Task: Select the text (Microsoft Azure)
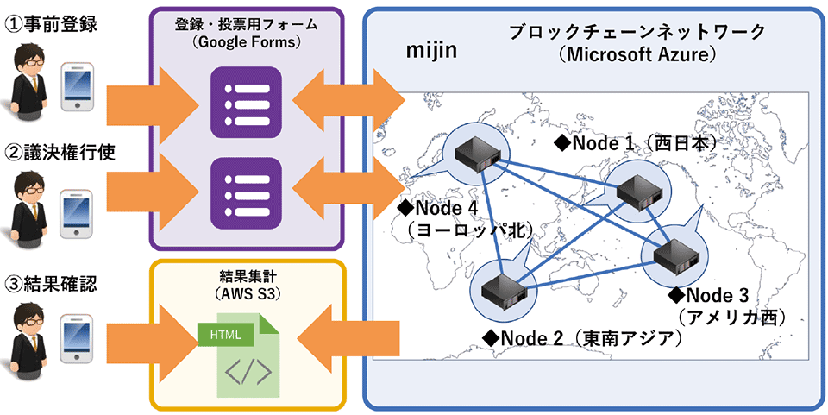637,54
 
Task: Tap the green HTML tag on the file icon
225,333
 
